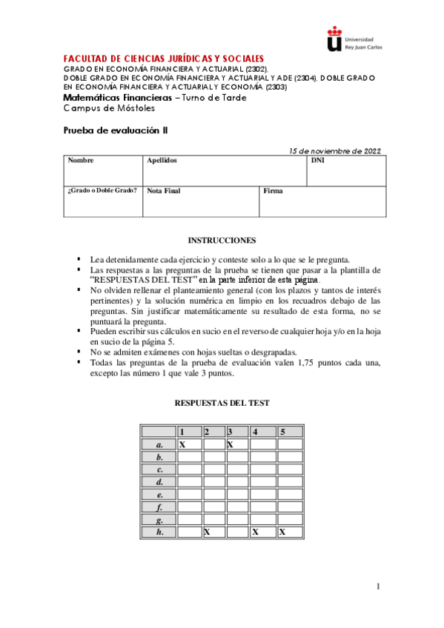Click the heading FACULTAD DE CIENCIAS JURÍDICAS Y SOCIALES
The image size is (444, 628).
pyautogui.click(x=164, y=59)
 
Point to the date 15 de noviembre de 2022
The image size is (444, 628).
pyautogui.click(x=335, y=151)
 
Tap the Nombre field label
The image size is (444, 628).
pyautogui.click(x=81, y=160)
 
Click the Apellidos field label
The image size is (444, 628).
pyautogui.click(x=162, y=160)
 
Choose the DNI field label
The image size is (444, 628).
pyautogui.click(x=318, y=160)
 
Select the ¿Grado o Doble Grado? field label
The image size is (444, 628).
pyautogui.click(x=102, y=190)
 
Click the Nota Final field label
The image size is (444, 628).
pyautogui.click(x=164, y=191)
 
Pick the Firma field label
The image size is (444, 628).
pyautogui.click(x=274, y=191)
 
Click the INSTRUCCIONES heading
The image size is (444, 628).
pyautogui.click(x=222, y=241)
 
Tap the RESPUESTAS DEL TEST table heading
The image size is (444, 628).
pyautogui.click(x=222, y=403)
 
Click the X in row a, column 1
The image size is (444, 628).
pyautogui.click(x=182, y=444)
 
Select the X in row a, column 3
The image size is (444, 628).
pyautogui.click(x=231, y=444)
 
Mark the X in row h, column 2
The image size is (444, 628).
pyautogui.click(x=207, y=532)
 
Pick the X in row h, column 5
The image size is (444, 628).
pyautogui.click(x=282, y=532)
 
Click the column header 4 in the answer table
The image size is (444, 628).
pyautogui.click(x=255, y=432)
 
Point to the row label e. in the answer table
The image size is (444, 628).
pyautogui.click(x=159, y=494)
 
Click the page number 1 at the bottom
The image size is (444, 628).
pyautogui.click(x=377, y=587)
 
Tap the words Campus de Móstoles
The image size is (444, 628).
pyautogui.click(x=110, y=108)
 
